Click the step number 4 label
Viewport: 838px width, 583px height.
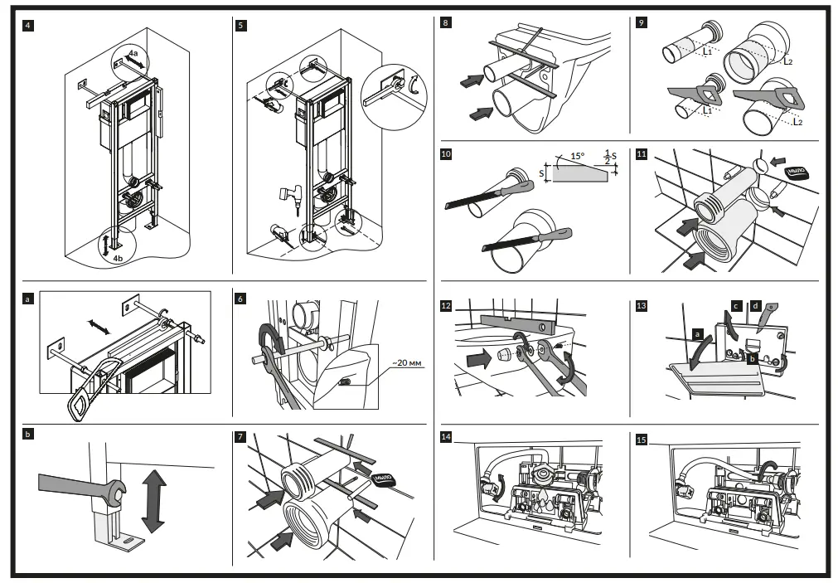pyautogui.click(x=30, y=25)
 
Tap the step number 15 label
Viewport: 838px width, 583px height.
pyautogui.click(x=641, y=439)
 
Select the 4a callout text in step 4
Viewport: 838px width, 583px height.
pyautogui.click(x=132, y=51)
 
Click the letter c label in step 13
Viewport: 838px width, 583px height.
pyautogui.click(x=734, y=306)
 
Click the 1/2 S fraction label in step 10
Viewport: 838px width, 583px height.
pyautogui.click(x=609, y=155)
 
